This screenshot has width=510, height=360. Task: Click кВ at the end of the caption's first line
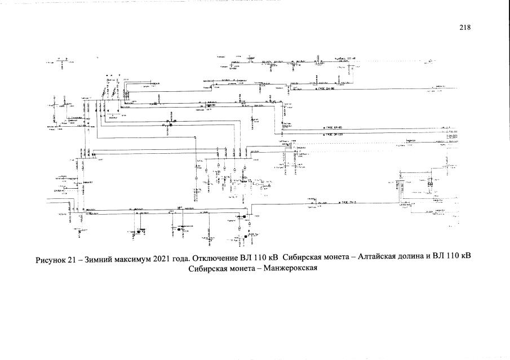click(x=465, y=257)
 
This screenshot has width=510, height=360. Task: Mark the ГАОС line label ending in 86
click(x=326, y=89)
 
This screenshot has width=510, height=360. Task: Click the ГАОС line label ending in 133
click(x=335, y=135)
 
